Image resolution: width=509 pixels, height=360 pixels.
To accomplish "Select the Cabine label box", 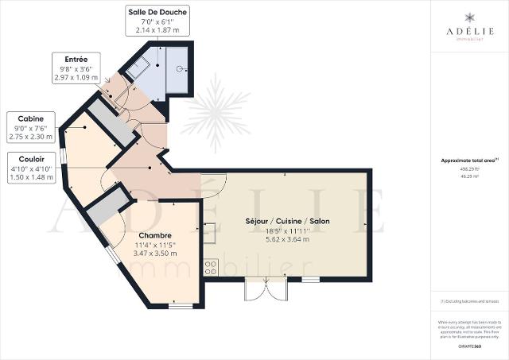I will point(30,126).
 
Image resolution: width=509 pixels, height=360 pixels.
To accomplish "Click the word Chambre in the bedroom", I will point(155,235).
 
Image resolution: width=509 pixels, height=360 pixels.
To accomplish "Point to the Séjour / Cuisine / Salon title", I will point(289,220).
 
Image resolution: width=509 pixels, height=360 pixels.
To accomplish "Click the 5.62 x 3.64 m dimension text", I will point(289,239).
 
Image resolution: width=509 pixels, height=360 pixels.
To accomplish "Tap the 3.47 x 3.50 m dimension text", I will point(155,254).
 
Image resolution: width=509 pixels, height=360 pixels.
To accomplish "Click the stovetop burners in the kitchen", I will point(212,268).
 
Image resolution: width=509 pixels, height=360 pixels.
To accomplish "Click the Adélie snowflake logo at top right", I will point(468,17).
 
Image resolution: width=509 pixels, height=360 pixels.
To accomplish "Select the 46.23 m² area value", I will point(468,174).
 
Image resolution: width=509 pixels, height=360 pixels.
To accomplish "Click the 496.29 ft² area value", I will point(468,168).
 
